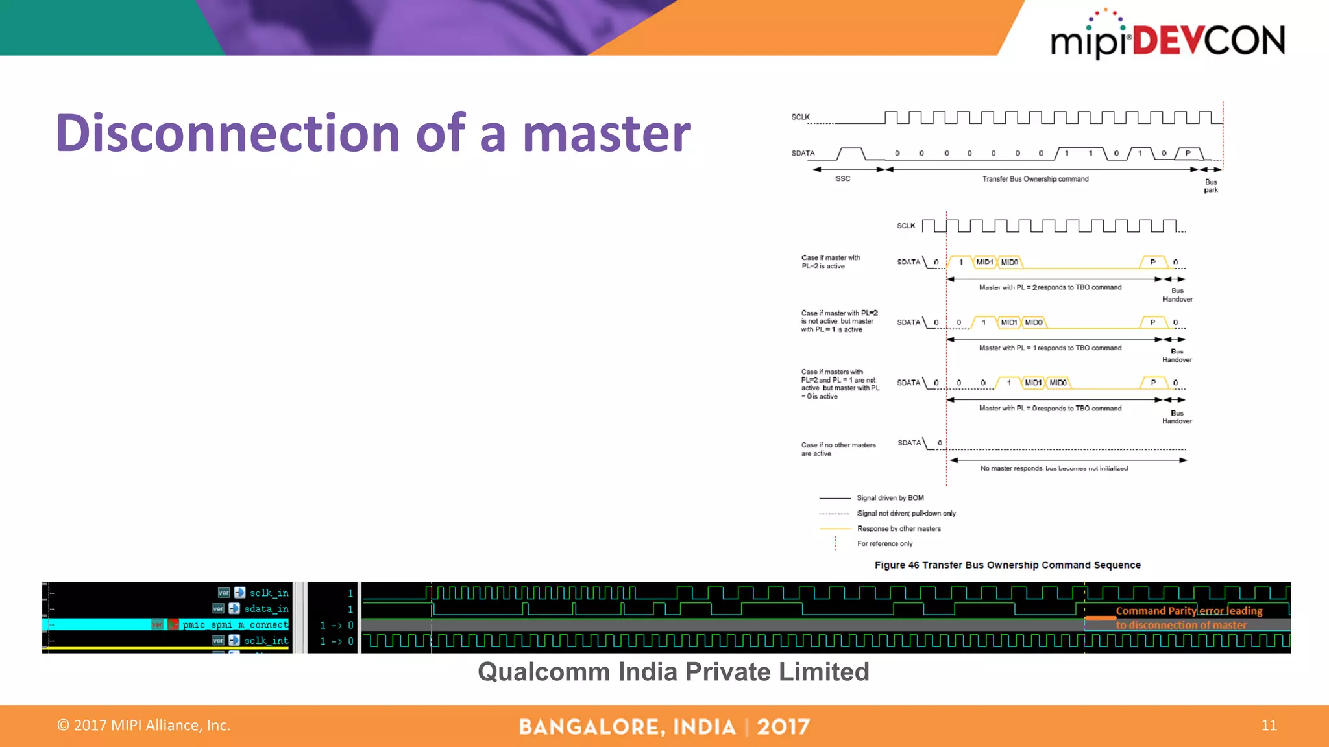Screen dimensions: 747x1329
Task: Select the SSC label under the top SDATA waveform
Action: click(842, 178)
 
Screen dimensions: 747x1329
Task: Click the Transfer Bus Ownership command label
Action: click(1035, 179)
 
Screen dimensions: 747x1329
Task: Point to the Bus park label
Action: click(1211, 186)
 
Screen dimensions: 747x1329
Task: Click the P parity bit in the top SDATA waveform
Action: click(1188, 154)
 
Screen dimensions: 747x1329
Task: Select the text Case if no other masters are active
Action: click(838, 449)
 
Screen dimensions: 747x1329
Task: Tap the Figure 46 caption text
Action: click(1007, 565)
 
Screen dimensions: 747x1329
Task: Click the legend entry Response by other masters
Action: click(899, 528)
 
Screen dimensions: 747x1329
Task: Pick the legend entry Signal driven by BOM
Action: click(890, 498)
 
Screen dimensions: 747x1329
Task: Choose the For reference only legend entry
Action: click(884, 543)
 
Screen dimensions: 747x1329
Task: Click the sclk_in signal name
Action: click(269, 593)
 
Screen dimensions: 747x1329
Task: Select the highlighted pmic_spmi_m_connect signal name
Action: click(235, 624)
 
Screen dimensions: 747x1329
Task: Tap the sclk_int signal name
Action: click(266, 641)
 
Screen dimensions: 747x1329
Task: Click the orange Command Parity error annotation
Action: click(1188, 617)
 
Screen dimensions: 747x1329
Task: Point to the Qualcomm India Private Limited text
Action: click(673, 672)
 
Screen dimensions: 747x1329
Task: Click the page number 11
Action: click(1269, 725)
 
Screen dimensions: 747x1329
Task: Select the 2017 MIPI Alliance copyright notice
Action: click(144, 725)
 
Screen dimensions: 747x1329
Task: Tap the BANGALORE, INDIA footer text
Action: click(627, 727)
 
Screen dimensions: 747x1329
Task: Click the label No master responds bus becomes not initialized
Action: click(1054, 468)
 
